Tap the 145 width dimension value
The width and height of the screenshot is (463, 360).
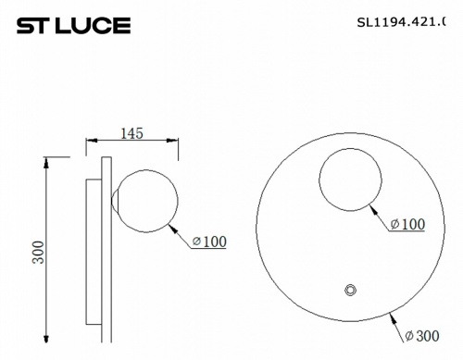(x=131, y=134)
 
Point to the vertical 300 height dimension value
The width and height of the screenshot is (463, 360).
(x=38, y=252)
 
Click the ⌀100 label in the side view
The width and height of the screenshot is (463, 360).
(x=209, y=242)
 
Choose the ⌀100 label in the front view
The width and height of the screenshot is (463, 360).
(x=407, y=225)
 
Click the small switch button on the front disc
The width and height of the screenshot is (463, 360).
(x=350, y=291)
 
